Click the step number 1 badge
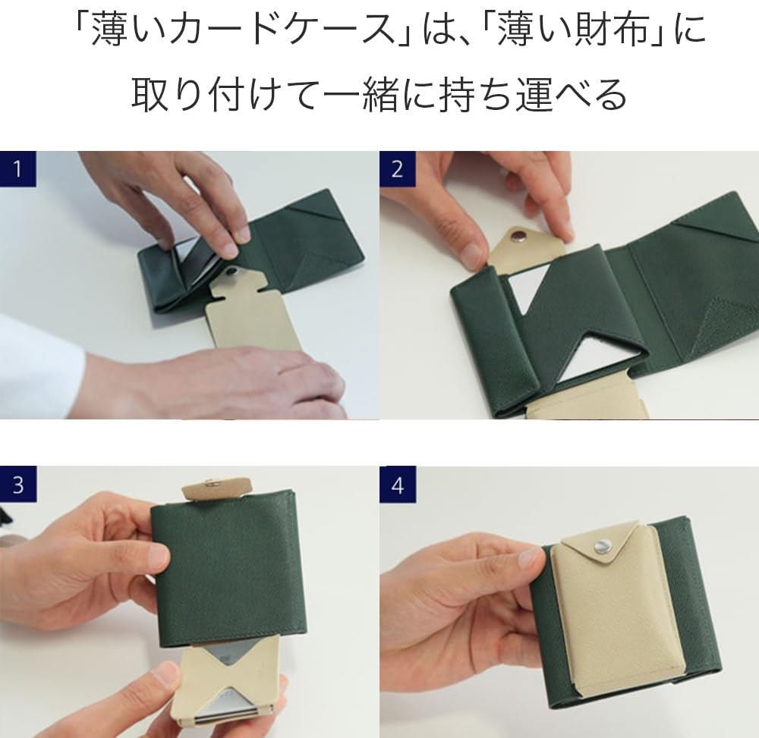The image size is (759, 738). pos(17,169)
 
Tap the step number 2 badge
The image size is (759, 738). pos(397,169)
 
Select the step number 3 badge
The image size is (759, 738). pos(17,485)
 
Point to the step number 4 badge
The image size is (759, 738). pos(397,485)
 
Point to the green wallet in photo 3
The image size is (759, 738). pos(228,569)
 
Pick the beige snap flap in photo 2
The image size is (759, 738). pos(528,247)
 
